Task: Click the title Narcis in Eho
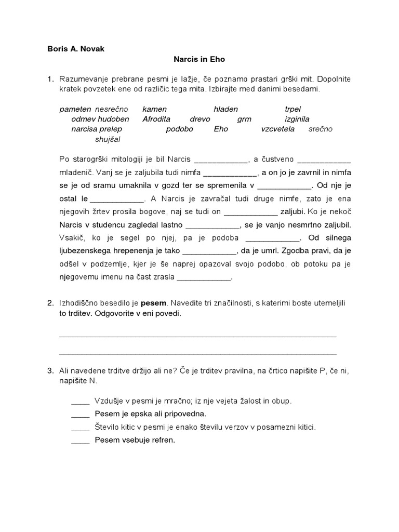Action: point(199,60)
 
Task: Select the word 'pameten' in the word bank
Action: point(75,109)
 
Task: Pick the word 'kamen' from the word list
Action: point(154,109)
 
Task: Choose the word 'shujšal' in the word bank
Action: point(107,139)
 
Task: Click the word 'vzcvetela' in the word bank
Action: point(277,129)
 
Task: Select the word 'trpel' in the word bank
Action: point(293,109)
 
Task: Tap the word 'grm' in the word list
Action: point(244,119)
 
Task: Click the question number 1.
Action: point(50,79)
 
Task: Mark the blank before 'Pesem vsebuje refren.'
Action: point(81,441)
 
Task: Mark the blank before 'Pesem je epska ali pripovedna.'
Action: point(81,414)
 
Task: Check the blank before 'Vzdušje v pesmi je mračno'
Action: point(81,401)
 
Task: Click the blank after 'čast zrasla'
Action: point(204,277)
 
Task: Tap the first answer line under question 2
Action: point(198,335)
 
